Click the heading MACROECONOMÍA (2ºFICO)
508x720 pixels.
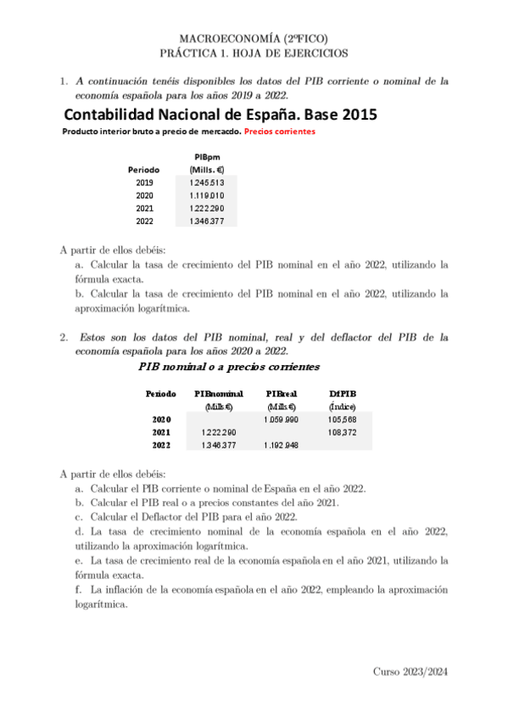tap(254, 38)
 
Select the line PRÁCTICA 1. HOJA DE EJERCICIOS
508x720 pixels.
tap(254, 53)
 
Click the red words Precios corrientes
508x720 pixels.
tap(279, 132)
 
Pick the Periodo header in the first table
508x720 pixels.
tap(143, 169)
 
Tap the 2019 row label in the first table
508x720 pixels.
tap(144, 182)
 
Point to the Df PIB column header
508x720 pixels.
tap(342, 394)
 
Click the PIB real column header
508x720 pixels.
tap(281, 394)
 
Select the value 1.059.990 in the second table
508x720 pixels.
tap(281, 419)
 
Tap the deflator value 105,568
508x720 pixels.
tap(342, 419)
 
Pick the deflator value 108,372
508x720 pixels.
tap(342, 432)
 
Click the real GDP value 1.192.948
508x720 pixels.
tap(281, 445)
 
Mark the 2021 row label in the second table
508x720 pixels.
tap(161, 432)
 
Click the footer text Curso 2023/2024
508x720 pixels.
tap(410, 671)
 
